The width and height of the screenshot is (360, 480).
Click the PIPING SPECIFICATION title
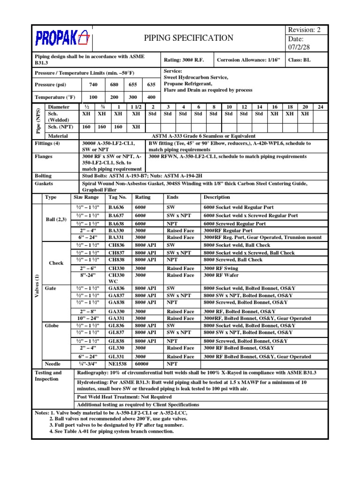coord(188,38)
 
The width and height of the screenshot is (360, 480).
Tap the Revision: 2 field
coord(305,30)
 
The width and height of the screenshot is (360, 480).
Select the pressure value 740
coord(93,85)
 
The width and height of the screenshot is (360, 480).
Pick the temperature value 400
coord(151,97)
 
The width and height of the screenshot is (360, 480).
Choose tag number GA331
coord(116,318)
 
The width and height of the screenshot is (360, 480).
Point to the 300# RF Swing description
coord(221,269)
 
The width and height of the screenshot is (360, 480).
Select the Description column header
coord(217,197)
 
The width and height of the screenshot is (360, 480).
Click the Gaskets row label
coord(44,184)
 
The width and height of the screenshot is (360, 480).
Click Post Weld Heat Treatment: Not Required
coord(124,396)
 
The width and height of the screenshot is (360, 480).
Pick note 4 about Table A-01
coord(111,431)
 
